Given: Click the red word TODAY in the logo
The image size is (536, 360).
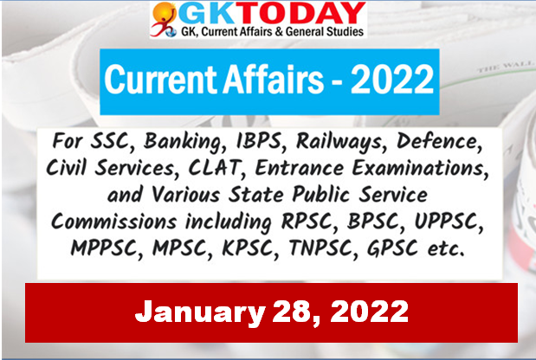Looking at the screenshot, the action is coord(305,14).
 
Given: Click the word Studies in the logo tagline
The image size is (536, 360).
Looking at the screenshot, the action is coord(345,32).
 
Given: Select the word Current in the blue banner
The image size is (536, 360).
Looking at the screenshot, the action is coord(161,80).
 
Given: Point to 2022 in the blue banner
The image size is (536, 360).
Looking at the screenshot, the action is coord(392,80).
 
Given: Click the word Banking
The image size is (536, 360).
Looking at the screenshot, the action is coord(184,142).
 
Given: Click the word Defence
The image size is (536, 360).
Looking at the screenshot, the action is coord(439,141).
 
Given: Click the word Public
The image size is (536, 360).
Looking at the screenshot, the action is coord(320,195).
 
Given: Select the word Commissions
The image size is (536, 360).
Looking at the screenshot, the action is coord(113,222).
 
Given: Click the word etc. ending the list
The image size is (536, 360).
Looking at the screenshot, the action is coord(447,249).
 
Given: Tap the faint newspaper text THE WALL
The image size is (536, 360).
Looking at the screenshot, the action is coord(505,67).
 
